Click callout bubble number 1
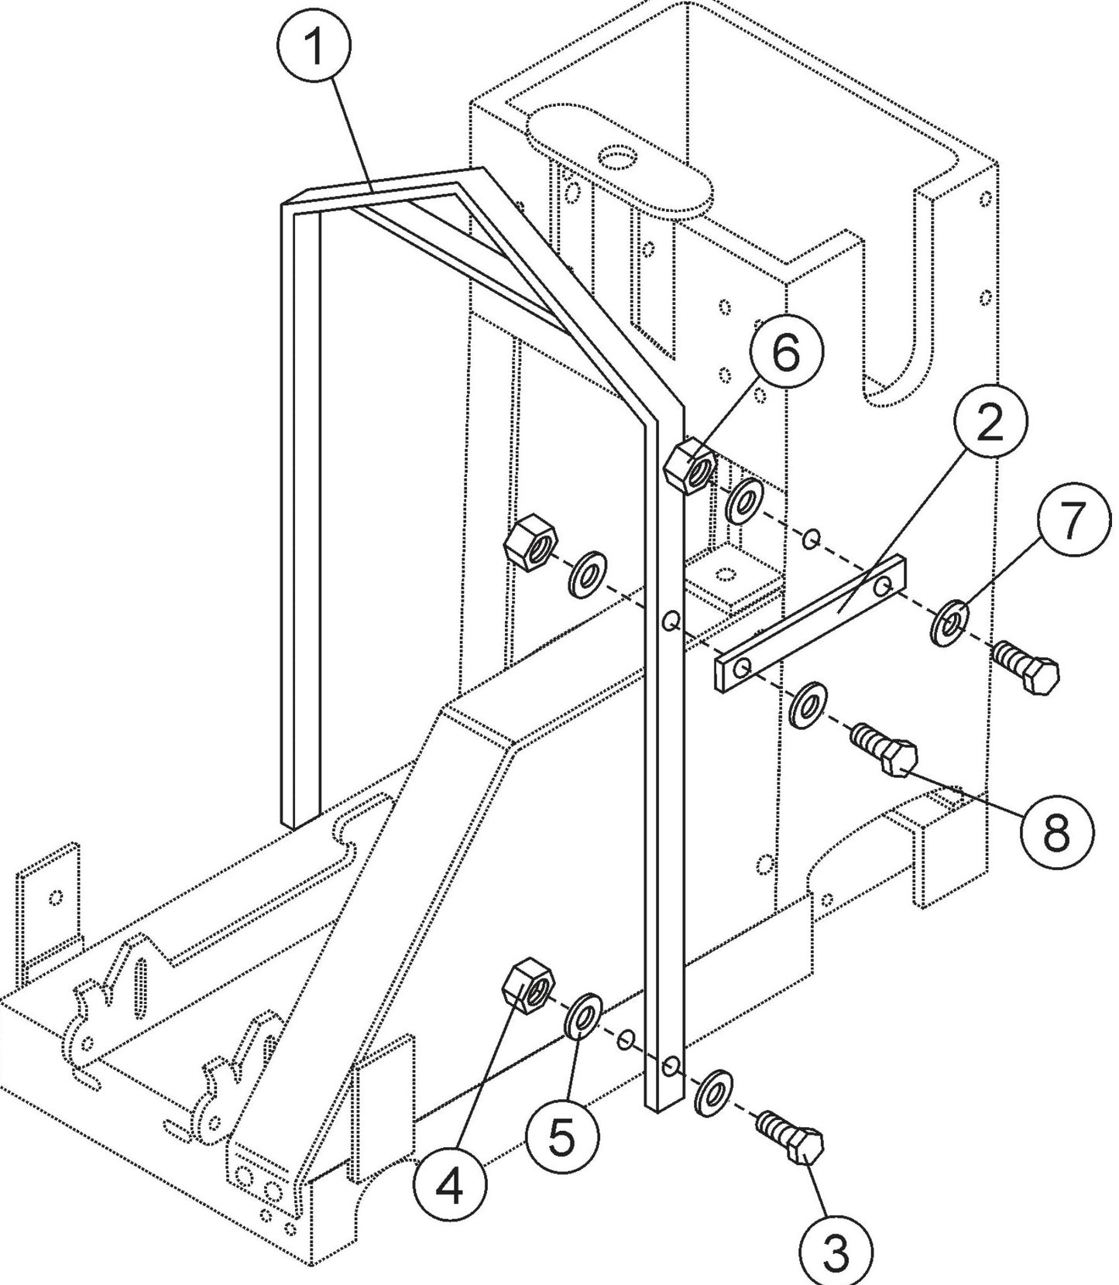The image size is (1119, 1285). click(314, 48)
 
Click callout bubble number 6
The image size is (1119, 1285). click(785, 354)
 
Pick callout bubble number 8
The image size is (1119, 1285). click(1057, 834)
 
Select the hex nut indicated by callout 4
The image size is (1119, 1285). click(528, 985)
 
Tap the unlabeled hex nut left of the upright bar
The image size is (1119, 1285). click(529, 544)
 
